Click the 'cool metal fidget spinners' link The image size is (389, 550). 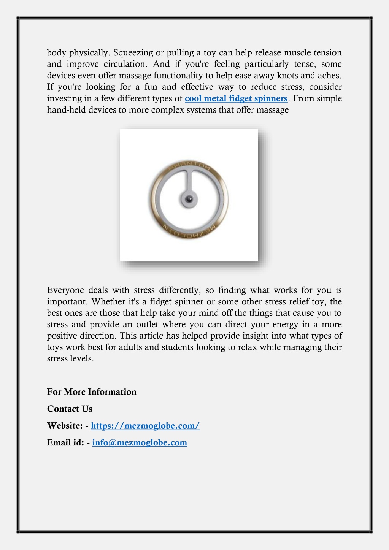coord(236,98)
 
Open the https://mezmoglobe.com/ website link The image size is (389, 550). coord(145,426)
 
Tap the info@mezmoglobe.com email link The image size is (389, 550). coord(140,442)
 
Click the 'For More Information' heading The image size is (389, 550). coord(92,392)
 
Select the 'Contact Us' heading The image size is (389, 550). coord(70,409)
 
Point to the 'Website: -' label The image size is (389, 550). coord(68,426)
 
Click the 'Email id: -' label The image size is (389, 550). coord(68,442)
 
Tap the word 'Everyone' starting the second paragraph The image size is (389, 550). coord(65,290)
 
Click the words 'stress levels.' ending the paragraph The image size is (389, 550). coord(70,359)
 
